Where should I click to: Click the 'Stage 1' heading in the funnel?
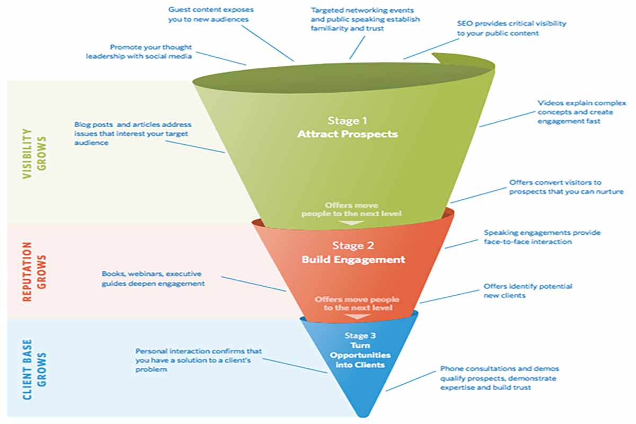pos(347,121)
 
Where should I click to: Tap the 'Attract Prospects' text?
pos(347,134)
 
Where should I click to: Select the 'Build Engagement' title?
pos(353,259)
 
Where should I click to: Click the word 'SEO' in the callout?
pos(464,24)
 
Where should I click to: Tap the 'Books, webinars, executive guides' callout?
pos(153,279)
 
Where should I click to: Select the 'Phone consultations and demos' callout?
pos(499,377)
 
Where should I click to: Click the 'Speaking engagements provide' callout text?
pos(542,237)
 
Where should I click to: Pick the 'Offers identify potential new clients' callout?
pos(527,290)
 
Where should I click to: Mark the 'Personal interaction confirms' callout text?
pos(198,360)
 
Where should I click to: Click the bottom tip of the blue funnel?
pos(363,414)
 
